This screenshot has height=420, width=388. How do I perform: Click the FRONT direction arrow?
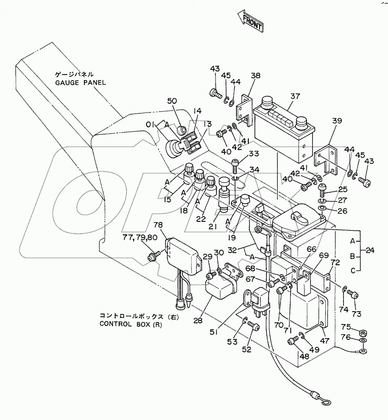250,21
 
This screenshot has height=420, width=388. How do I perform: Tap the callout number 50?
172,100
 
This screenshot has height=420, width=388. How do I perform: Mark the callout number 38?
256,76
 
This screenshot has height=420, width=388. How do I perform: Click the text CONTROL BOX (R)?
134,324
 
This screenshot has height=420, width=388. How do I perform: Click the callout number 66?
312,249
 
